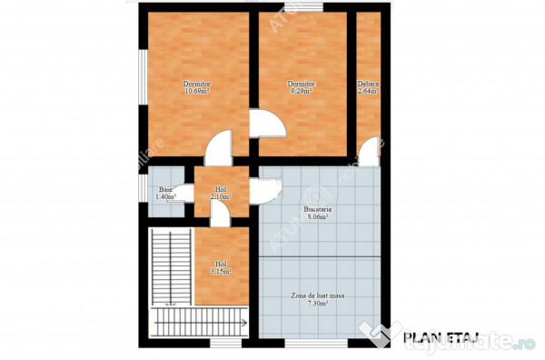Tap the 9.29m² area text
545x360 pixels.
click(x=300, y=92)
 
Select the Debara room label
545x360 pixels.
click(x=368, y=85)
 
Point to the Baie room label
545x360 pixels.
click(x=163, y=189)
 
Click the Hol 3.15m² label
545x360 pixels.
click(x=222, y=266)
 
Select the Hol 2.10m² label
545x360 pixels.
click(x=221, y=193)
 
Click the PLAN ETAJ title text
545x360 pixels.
click(x=435, y=338)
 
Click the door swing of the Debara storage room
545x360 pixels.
click(x=369, y=154)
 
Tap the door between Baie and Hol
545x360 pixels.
click(x=184, y=193)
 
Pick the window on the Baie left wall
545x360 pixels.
click(x=142, y=187)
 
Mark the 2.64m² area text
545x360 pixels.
click(x=368, y=92)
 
